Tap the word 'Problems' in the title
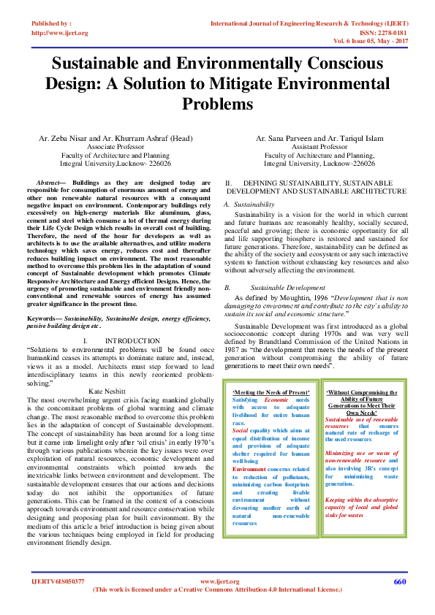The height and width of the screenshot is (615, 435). pos(217,104)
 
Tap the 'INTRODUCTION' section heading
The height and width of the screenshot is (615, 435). pos(132,341)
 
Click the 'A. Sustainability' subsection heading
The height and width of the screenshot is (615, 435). pos(249,204)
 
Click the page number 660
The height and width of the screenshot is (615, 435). pos(399,581)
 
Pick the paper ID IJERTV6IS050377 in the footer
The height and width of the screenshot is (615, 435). pos(58,581)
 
